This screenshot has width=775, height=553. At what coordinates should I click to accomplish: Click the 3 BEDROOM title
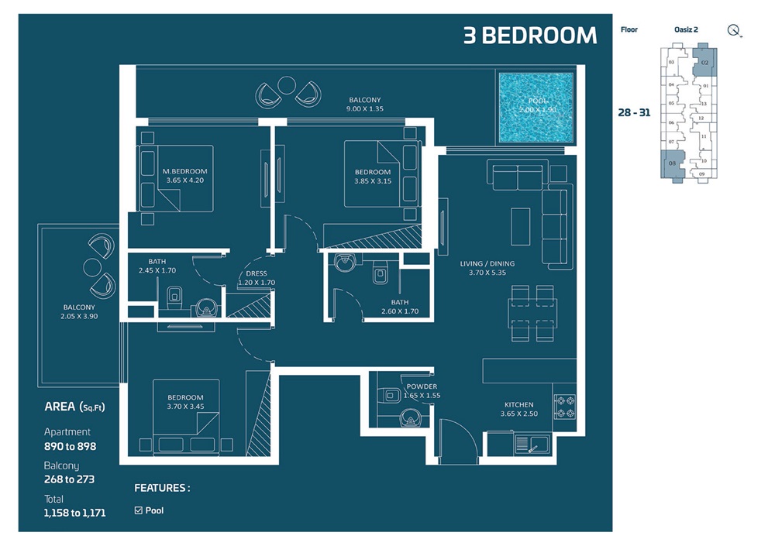point(530,36)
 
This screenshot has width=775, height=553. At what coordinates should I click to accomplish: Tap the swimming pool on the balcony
point(536,108)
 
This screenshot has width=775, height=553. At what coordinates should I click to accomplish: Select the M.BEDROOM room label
point(185,176)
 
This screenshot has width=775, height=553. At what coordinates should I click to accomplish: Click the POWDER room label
point(421,391)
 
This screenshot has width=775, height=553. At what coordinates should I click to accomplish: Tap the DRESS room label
point(256,279)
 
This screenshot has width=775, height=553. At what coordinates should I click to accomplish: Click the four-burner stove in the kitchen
point(564,407)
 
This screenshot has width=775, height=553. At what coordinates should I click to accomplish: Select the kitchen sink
point(532,444)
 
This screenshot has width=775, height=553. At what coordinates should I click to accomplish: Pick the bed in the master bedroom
point(175,177)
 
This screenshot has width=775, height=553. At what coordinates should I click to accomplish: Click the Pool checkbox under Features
point(139,510)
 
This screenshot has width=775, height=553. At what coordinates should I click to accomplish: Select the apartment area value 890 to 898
point(70,446)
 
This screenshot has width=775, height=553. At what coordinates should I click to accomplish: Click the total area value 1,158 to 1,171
point(74,513)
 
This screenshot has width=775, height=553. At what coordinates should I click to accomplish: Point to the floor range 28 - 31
point(634,112)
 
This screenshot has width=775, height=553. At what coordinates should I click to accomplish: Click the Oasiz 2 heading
point(687,29)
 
